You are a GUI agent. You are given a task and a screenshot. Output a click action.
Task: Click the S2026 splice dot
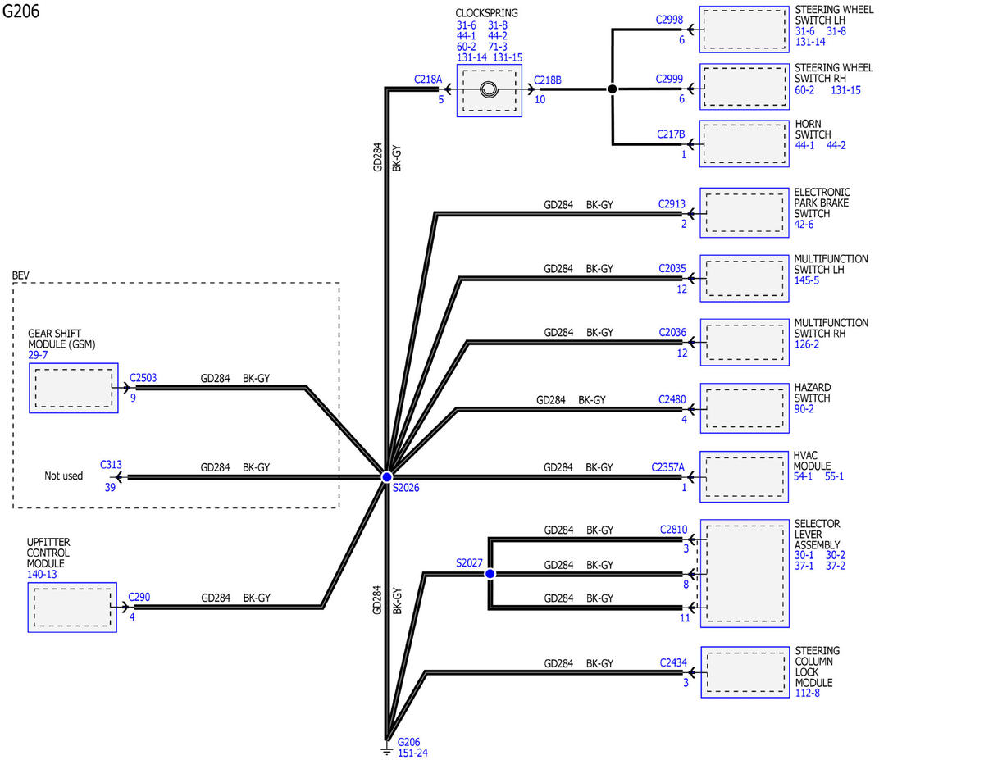tap(387, 477)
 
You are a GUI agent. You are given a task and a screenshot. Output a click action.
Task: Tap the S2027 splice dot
tap(490, 574)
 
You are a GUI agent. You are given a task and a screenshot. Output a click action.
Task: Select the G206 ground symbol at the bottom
tap(386, 749)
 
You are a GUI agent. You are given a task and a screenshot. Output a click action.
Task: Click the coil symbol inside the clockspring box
tap(489, 89)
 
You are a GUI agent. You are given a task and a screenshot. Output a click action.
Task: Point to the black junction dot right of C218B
tap(613, 89)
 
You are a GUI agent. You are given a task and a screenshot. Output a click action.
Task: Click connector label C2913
tap(672, 203)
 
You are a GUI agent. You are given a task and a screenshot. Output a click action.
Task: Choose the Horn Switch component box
tap(745, 143)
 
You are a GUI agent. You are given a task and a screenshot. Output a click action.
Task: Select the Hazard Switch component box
tap(745, 408)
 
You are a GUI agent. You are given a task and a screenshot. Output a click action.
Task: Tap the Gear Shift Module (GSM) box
tap(74, 388)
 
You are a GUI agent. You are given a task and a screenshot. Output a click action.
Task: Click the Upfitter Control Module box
tap(72, 608)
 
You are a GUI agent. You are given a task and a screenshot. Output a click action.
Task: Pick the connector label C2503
tap(143, 377)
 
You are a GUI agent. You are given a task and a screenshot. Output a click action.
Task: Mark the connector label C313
tap(111, 464)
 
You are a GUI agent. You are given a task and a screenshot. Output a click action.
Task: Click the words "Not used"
tap(63, 476)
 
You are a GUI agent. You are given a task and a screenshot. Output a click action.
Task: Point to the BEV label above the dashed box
tap(20, 275)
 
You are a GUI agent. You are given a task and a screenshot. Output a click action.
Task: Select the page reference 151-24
tap(412, 753)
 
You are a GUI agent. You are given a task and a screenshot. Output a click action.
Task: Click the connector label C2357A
tap(668, 467)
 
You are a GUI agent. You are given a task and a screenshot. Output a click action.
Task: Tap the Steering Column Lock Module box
tap(745, 672)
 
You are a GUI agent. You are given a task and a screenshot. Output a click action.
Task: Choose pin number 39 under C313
tap(110, 488)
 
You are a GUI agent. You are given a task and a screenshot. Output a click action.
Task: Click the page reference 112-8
tap(808, 693)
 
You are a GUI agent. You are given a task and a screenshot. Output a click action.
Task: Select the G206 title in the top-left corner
tap(20, 11)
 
